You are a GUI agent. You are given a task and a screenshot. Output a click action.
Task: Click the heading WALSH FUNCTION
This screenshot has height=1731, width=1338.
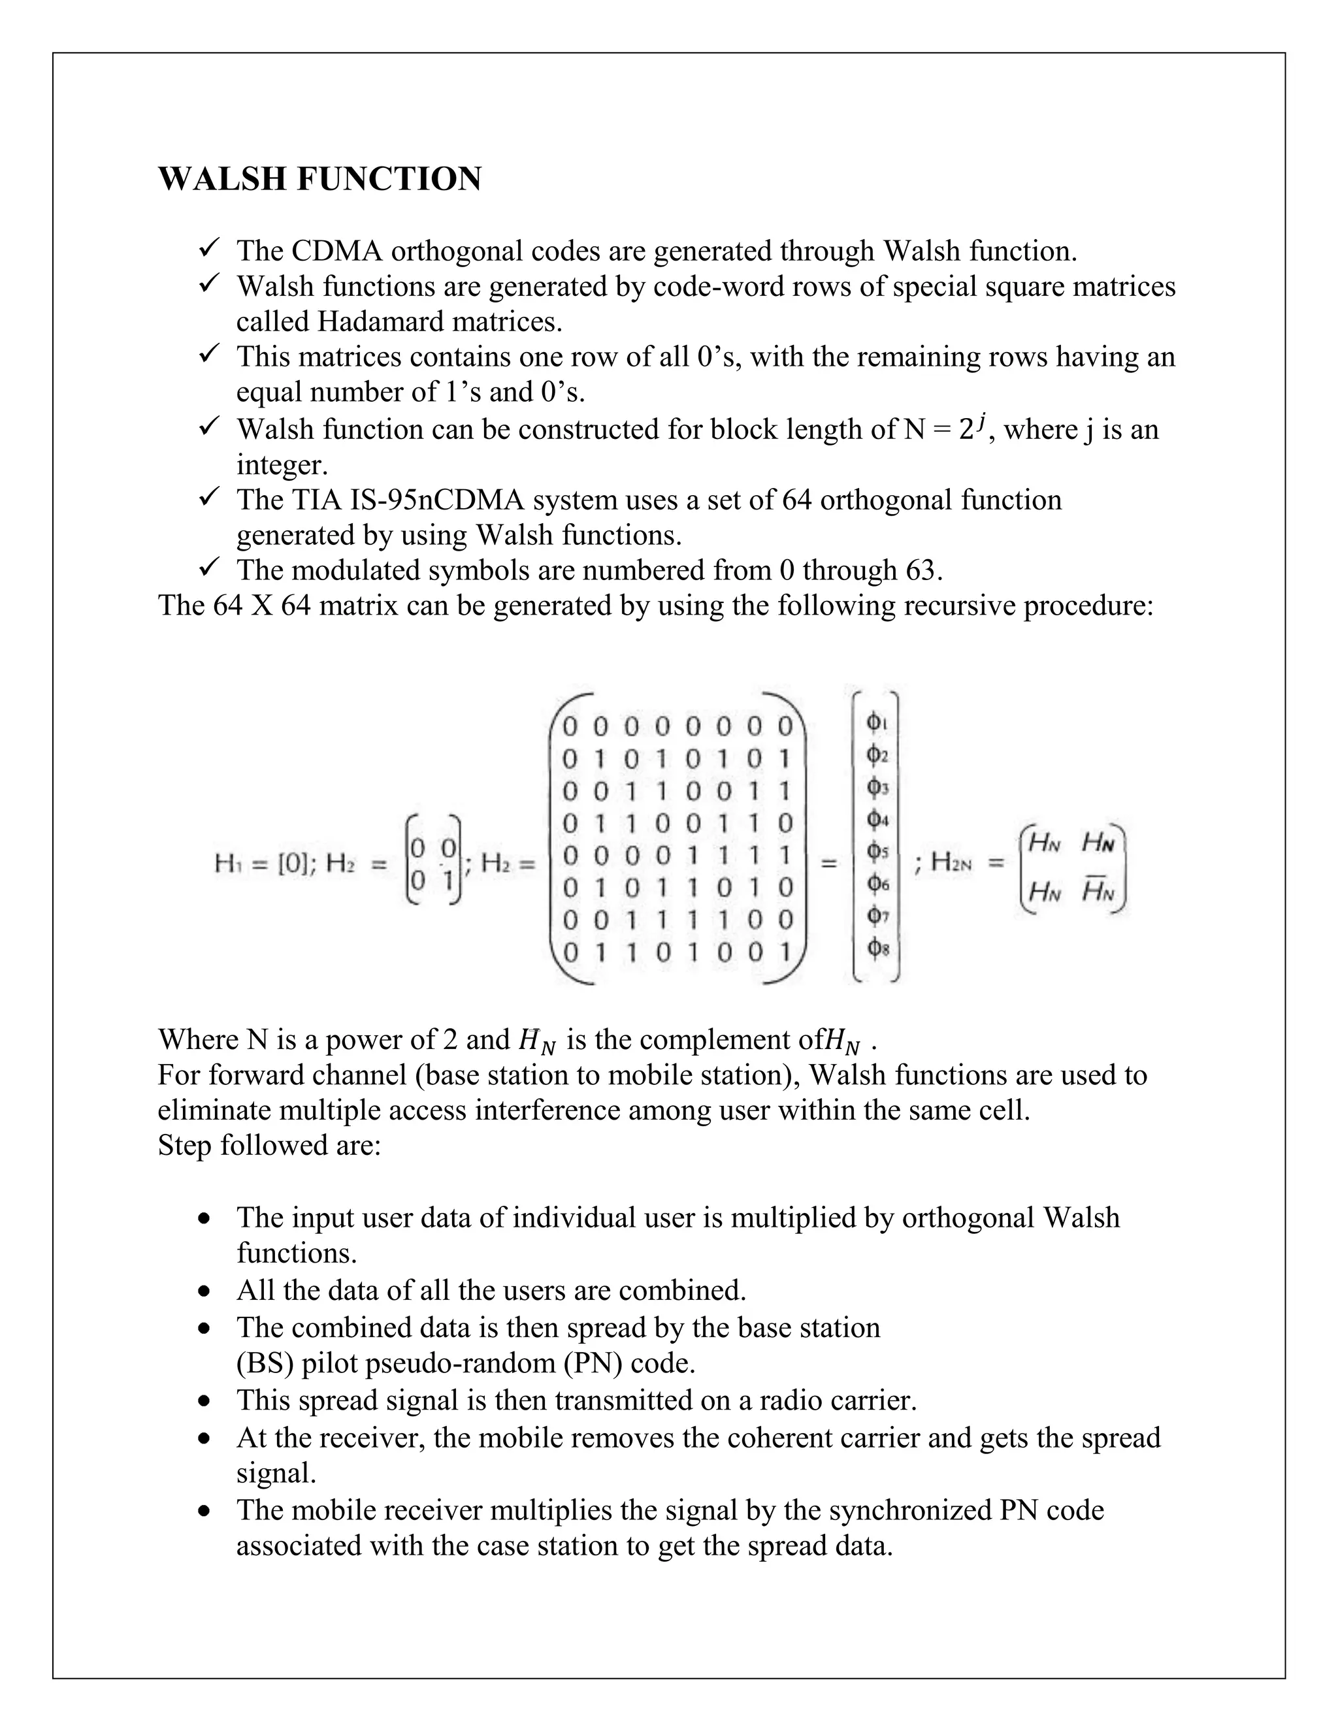(319, 179)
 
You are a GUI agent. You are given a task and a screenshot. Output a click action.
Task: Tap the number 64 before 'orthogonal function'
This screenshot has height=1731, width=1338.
(798, 500)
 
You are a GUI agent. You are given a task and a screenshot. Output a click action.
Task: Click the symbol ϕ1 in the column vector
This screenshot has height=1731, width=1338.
(877, 723)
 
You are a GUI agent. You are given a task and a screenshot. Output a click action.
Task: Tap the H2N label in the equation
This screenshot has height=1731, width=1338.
(951, 862)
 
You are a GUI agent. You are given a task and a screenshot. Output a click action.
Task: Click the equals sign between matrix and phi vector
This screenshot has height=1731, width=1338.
(828, 863)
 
